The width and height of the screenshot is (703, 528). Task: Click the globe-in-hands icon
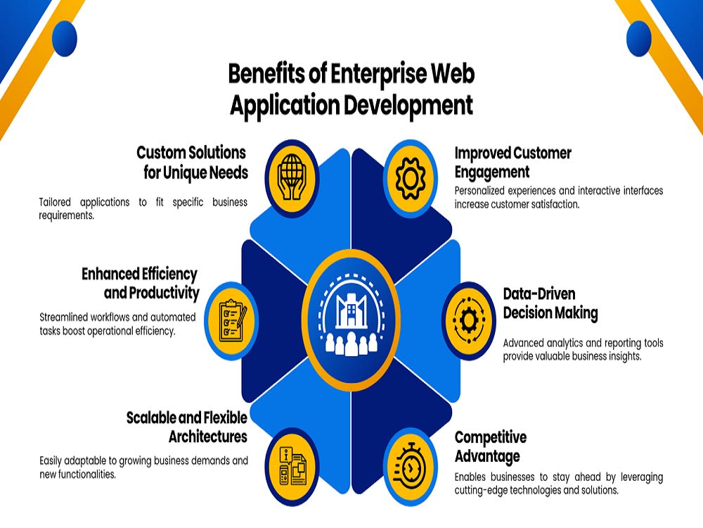292,178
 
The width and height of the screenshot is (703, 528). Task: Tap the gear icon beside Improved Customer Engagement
411,178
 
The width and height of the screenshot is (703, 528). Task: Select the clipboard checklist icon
233,320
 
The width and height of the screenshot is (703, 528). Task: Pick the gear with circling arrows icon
469,320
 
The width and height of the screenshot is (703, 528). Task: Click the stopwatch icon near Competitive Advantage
408,467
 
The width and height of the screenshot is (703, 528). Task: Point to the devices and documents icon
292,466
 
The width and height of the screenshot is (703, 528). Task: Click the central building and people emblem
351,317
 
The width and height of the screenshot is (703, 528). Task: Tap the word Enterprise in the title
379,74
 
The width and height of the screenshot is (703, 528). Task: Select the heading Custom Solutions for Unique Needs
193,162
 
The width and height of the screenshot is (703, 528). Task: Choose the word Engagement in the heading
492,172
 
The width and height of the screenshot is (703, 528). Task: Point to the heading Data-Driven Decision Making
550,303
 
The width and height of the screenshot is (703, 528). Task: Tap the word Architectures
208,436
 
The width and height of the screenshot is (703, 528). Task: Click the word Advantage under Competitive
487,456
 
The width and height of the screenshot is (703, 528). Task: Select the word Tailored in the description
55,202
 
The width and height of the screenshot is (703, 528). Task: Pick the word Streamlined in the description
63,317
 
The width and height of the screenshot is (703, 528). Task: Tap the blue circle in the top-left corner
65,38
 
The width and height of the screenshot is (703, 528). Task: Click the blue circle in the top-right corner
638,38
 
